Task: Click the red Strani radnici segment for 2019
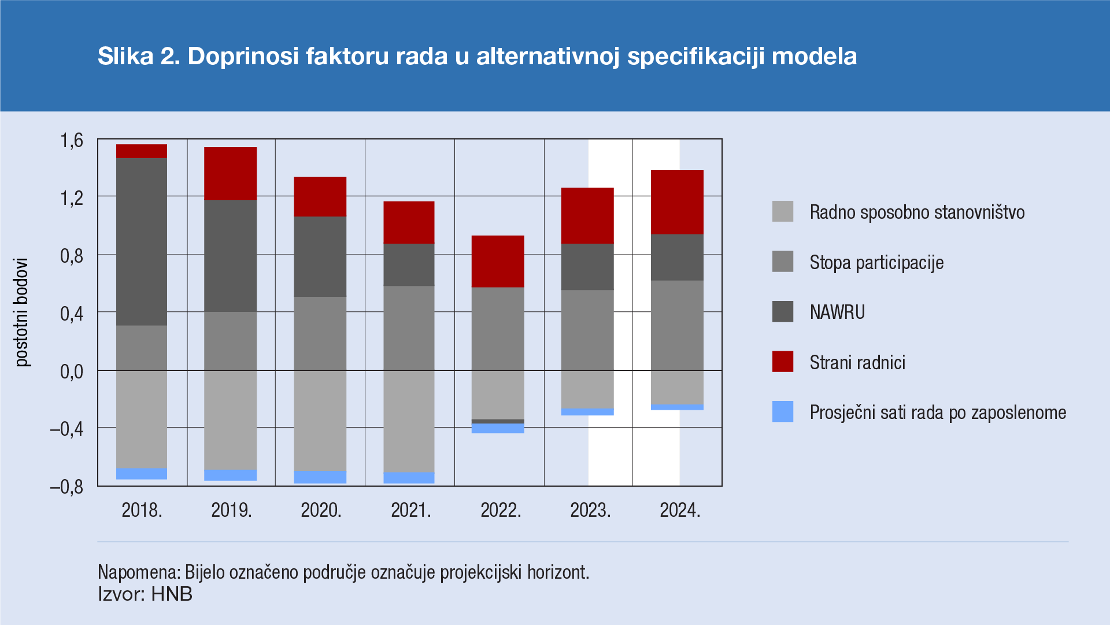230,174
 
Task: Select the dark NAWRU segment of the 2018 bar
142,241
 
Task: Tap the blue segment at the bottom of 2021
409,477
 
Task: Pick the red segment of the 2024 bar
677,202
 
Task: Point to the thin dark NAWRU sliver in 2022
498,421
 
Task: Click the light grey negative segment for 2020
320,420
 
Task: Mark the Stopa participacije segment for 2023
587,330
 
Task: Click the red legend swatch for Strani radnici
783,362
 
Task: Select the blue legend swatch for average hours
783,411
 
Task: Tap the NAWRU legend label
837,312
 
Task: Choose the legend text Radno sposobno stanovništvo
917,212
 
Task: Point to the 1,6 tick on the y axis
72,140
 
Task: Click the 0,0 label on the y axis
72,371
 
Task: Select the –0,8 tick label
67,487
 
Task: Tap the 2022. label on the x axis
501,510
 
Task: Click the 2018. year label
142,510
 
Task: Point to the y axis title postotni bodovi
22,312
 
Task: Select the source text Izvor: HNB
145,594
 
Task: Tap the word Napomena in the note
139,572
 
